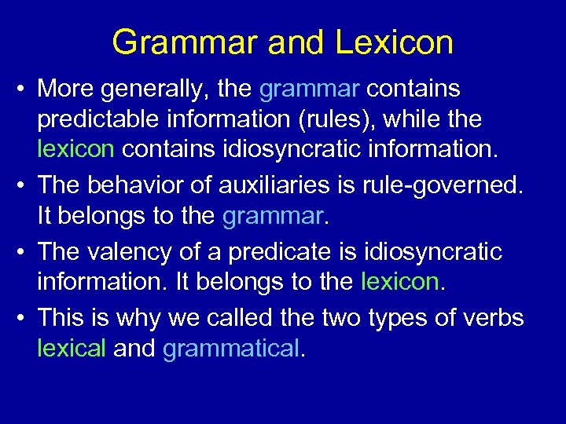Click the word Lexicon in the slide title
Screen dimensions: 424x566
coord(394,42)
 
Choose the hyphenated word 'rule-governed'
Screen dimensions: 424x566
coord(436,185)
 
